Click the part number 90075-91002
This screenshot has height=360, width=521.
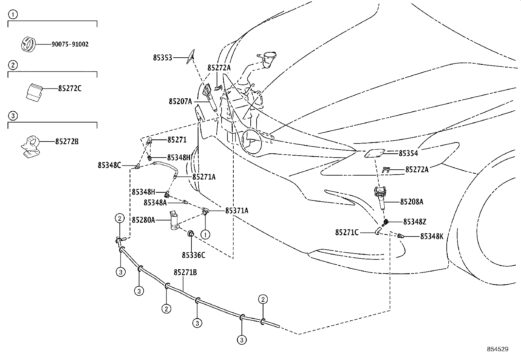(x=70, y=44)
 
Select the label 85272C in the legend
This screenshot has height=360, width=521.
(x=70, y=88)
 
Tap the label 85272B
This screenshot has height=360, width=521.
(x=67, y=142)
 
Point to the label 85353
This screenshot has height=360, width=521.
(x=162, y=58)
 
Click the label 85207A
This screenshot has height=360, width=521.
(x=180, y=102)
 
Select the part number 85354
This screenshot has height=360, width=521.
(x=408, y=153)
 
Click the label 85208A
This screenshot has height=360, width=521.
(x=411, y=202)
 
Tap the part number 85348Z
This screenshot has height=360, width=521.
(x=415, y=222)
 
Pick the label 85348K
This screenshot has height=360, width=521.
(x=432, y=236)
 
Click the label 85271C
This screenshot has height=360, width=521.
(x=347, y=232)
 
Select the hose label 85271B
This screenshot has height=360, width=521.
(x=185, y=273)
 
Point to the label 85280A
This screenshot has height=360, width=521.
(x=143, y=220)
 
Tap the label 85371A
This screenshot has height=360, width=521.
(x=237, y=211)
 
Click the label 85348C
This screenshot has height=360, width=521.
(x=109, y=165)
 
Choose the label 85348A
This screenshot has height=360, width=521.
(x=155, y=203)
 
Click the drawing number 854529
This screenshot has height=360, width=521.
(x=497, y=349)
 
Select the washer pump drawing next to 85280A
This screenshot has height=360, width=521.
(x=174, y=221)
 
